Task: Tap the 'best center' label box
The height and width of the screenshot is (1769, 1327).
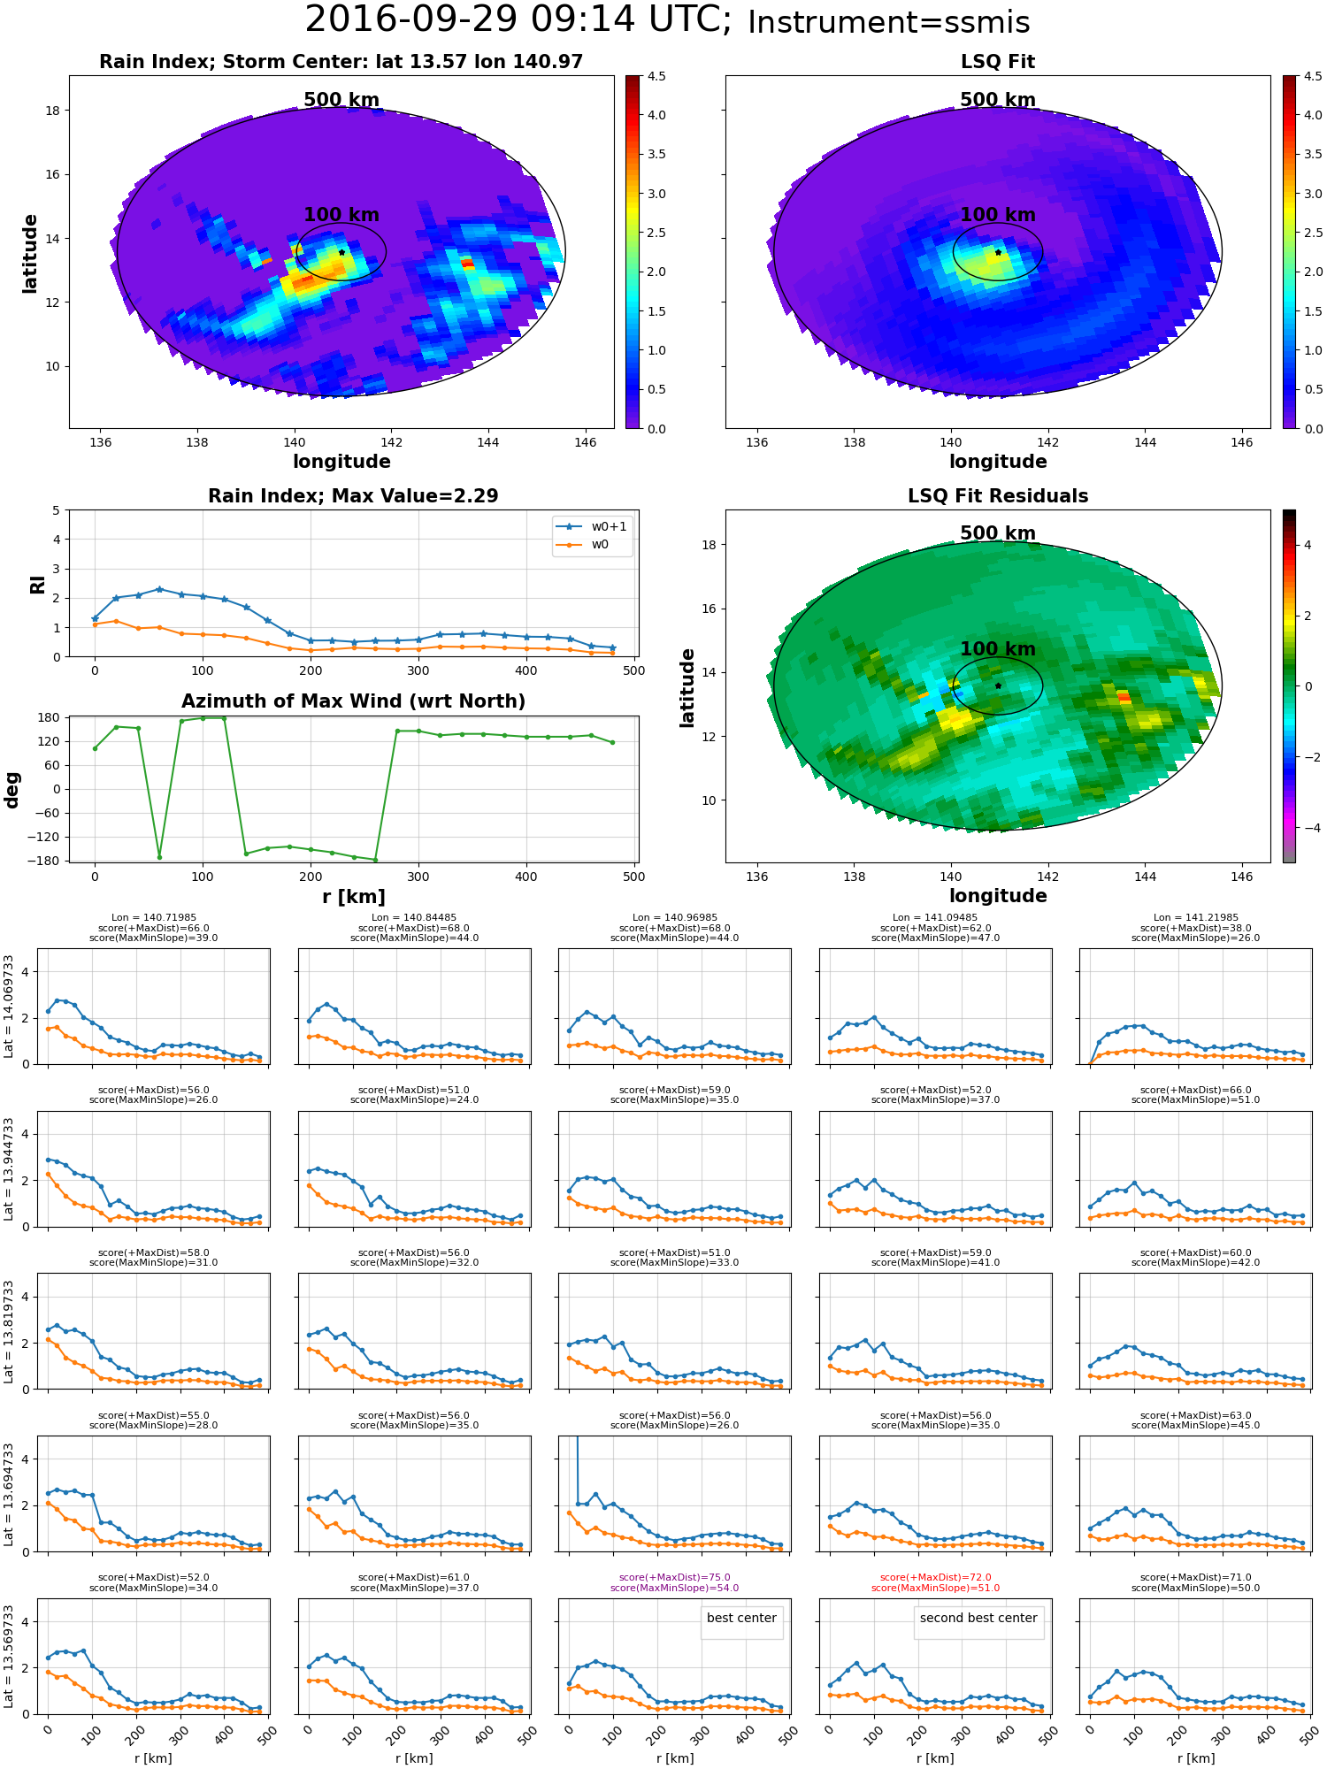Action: pyautogui.click(x=741, y=1618)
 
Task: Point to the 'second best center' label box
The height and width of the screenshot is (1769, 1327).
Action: pyautogui.click(x=978, y=1618)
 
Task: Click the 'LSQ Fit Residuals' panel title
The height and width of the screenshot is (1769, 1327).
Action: pyautogui.click(x=997, y=496)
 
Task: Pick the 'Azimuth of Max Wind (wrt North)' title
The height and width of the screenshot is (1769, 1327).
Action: pyautogui.click(x=353, y=701)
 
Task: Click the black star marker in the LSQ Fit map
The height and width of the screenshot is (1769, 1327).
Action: pyautogui.click(x=998, y=252)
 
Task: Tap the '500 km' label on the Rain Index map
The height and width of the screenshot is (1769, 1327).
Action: pyautogui.click(x=341, y=100)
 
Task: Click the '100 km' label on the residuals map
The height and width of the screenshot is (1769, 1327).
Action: pyautogui.click(x=997, y=649)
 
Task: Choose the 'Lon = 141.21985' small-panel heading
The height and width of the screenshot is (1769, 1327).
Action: pyautogui.click(x=1195, y=917)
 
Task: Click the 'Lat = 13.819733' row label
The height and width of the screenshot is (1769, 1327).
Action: pyautogui.click(x=10, y=1331)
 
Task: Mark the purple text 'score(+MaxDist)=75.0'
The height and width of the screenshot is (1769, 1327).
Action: pyautogui.click(x=674, y=1577)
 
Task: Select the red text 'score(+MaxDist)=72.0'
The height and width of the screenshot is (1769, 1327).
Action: pyautogui.click(x=935, y=1577)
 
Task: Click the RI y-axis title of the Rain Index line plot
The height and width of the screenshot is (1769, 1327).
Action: pyautogui.click(x=37, y=585)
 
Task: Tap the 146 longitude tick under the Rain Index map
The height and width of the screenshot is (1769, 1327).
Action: pyautogui.click(x=585, y=442)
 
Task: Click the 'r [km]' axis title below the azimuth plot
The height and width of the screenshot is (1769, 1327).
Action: pyautogui.click(x=353, y=897)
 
